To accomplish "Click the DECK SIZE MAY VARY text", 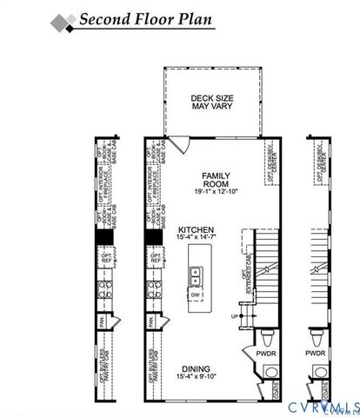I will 209,102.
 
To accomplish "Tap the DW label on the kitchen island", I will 196,295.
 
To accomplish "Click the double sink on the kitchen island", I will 196,275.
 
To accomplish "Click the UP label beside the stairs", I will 234,316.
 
